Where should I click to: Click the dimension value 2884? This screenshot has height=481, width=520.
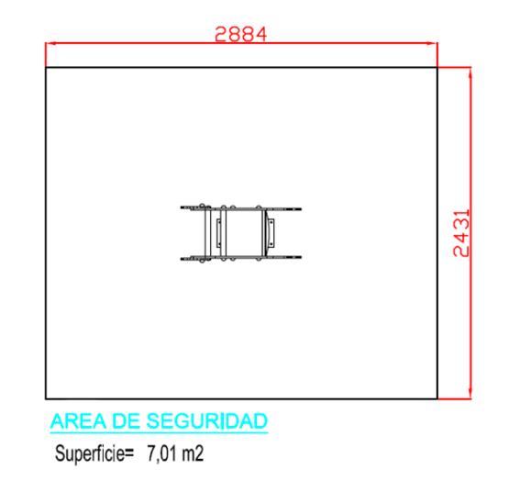pos(241,34)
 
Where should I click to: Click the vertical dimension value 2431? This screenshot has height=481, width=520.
pos(461,233)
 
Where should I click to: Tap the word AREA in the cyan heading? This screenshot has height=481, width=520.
pos(79,421)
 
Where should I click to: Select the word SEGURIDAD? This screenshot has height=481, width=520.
pos(207,421)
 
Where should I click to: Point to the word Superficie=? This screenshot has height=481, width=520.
pos(94,453)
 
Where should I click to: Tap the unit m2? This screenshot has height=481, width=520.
pos(193,453)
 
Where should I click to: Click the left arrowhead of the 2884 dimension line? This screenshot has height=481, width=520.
pos(50,43)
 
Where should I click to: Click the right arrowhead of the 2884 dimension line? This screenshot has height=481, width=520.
pos(433,43)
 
